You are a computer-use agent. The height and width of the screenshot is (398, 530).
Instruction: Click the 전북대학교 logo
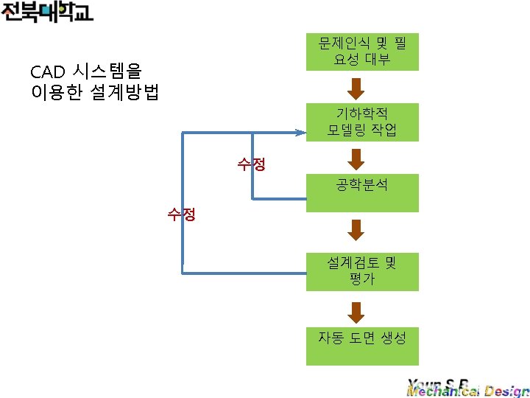[47, 13]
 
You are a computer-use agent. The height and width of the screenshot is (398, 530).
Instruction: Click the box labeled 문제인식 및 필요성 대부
[362, 51]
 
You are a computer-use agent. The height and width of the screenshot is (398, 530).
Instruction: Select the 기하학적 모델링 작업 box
[362, 122]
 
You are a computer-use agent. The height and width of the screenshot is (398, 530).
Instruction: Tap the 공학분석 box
[362, 192]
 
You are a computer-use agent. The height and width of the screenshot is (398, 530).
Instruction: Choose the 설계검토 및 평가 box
[362, 271]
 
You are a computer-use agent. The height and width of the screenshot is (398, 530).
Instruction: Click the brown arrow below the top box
[356, 88]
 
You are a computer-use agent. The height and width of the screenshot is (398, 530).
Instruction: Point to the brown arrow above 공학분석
[356, 158]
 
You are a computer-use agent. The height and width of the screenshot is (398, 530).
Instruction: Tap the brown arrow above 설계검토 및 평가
[356, 230]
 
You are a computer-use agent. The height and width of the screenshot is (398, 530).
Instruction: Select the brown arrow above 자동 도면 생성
[356, 313]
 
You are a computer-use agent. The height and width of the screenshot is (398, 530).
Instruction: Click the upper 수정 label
[251, 164]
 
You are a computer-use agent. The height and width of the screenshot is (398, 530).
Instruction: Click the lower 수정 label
[181, 215]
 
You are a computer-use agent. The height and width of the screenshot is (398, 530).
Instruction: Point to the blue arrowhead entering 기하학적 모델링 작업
[300, 133]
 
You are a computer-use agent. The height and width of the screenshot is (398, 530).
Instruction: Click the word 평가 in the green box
[362, 279]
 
